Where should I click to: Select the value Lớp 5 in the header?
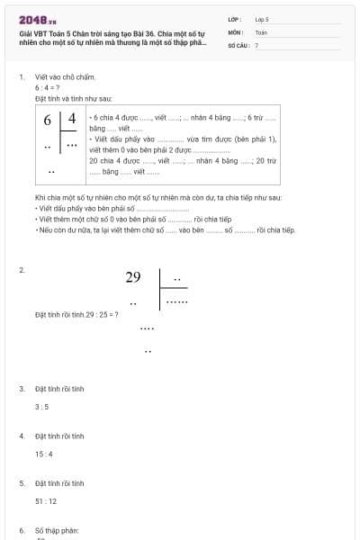(262, 18)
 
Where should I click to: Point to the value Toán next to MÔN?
(261, 31)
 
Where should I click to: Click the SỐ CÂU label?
(237, 44)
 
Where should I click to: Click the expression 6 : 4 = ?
(47, 88)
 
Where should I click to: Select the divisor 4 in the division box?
(72, 120)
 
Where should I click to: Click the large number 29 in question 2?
(133, 277)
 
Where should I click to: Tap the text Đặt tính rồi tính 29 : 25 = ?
(76, 314)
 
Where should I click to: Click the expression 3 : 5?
(41, 407)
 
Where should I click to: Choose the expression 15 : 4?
(44, 454)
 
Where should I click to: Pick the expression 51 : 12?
(46, 500)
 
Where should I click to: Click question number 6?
(22, 530)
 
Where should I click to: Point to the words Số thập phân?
(58, 530)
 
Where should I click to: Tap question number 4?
(22, 436)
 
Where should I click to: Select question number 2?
(22, 270)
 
